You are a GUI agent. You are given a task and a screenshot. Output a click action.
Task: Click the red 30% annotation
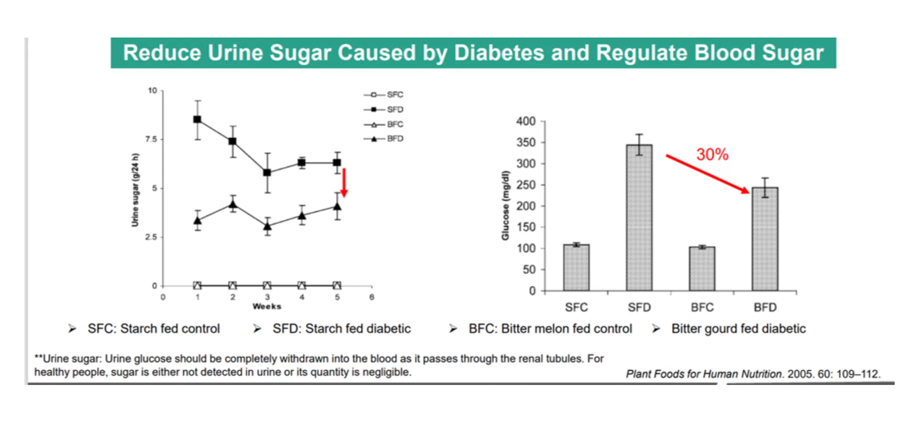point(712,155)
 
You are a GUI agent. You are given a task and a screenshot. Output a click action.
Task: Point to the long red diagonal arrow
point(707,174)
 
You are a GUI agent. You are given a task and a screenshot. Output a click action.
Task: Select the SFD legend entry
point(384,109)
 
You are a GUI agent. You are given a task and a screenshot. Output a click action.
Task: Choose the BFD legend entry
point(384,139)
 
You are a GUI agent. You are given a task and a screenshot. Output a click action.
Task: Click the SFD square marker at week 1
point(198,119)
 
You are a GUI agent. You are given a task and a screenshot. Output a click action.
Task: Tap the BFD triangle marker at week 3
point(268,226)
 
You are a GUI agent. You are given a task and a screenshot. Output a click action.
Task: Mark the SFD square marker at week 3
point(268,173)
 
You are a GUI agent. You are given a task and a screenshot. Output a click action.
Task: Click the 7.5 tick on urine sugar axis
point(151,139)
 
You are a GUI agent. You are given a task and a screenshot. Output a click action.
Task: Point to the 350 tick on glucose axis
point(526,142)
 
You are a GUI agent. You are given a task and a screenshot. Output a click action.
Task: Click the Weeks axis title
point(267,306)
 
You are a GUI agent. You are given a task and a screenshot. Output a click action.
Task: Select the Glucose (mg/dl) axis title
point(505,206)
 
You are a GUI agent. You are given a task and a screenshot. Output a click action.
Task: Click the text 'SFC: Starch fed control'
point(154,329)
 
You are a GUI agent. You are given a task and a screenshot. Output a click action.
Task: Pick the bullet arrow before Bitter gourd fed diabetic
point(656,329)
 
